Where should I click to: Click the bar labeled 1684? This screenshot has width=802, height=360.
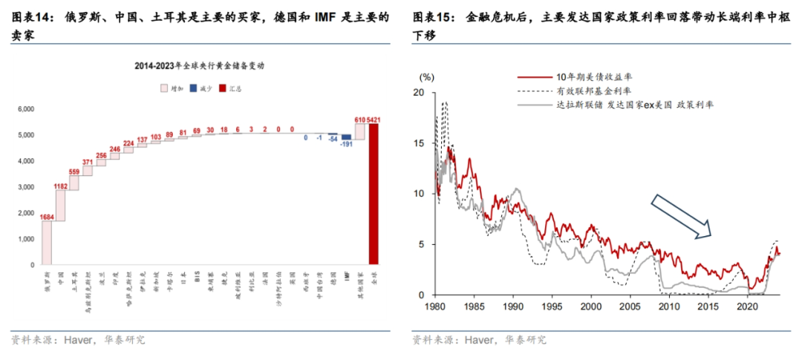tap(47, 243)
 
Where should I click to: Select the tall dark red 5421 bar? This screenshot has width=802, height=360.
tap(374, 194)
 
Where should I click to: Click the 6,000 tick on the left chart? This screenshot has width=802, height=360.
tap(25, 109)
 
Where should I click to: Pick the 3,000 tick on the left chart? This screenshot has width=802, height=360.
tap(25, 187)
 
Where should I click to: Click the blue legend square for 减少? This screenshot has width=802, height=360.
tap(192, 88)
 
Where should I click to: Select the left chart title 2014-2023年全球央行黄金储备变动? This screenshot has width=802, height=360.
tap(200, 65)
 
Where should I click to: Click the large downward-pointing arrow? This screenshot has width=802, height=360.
tap(679, 216)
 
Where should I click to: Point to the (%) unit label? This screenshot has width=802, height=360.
tap(427, 76)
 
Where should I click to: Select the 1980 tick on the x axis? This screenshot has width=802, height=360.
tap(436, 305)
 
